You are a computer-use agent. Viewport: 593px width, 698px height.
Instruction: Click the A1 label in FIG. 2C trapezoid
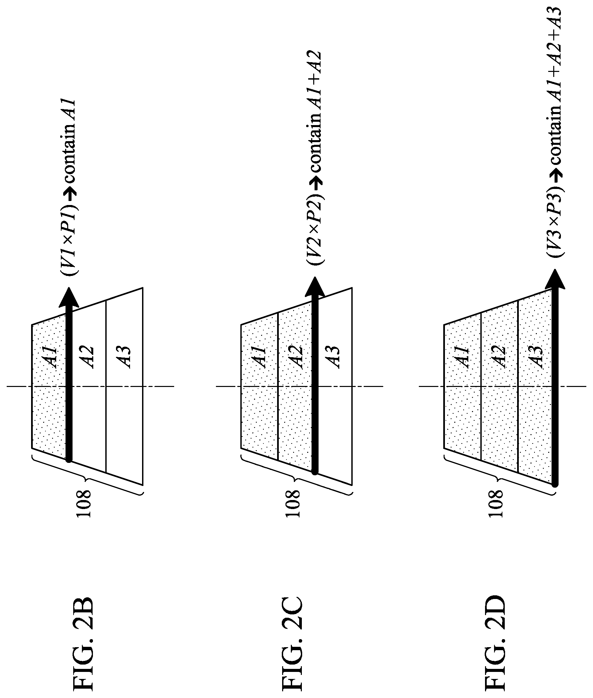coord(261,357)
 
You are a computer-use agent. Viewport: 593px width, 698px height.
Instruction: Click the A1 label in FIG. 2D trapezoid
coord(464,357)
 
